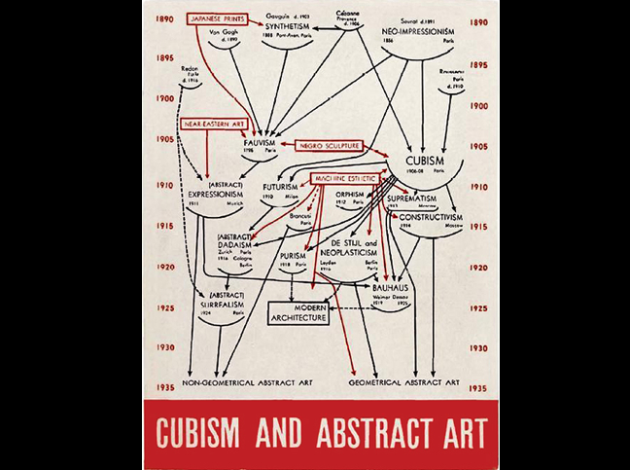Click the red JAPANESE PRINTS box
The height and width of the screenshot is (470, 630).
[x=216, y=18]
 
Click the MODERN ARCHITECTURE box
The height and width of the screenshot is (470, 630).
[x=299, y=311]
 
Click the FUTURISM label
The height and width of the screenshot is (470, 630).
[x=278, y=185]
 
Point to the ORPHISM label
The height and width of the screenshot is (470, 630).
[x=350, y=194]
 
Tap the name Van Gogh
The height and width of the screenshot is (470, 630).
[x=224, y=31]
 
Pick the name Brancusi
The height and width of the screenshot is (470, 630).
[x=300, y=213]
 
